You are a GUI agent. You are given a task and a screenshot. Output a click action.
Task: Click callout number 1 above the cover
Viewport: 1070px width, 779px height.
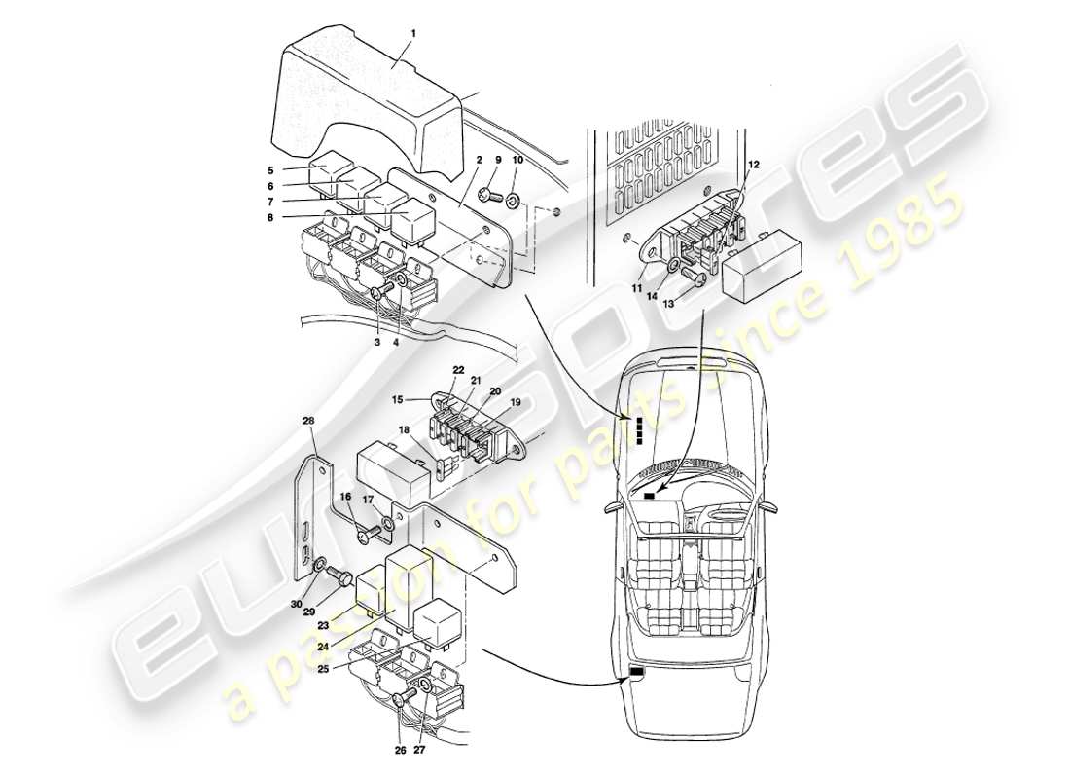(412, 33)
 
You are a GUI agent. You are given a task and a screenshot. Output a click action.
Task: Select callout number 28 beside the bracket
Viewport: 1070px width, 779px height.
(307, 422)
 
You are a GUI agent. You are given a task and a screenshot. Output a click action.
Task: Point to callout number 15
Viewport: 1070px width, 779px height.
(396, 399)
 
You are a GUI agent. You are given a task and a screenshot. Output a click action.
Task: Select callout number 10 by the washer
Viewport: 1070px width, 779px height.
(517, 160)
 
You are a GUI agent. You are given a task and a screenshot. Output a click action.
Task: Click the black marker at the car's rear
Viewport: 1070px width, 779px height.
(638, 672)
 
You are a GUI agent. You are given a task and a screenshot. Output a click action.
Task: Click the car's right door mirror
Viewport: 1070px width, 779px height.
(770, 506)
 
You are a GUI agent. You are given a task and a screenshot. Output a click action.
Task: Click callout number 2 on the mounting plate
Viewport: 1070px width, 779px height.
(481, 159)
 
